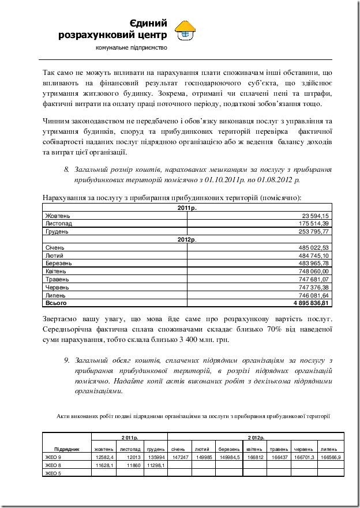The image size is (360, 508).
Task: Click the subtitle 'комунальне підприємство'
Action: (132, 47)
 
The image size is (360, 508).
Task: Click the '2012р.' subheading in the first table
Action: (187, 239)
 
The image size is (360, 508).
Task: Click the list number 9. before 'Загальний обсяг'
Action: (67, 360)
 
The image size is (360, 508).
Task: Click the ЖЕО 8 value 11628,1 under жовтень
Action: (104, 465)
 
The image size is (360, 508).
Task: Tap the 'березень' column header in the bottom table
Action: (228, 449)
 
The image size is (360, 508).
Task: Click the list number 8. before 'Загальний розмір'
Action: (66, 170)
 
